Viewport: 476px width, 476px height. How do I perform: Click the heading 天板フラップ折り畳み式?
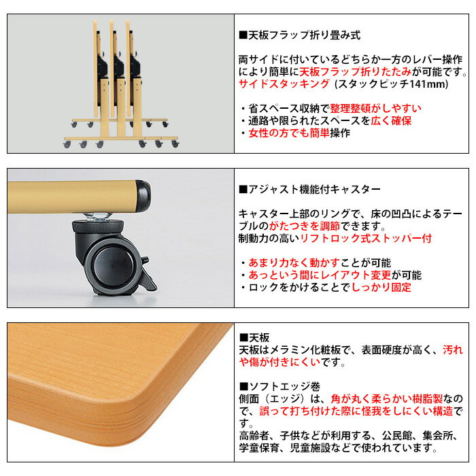click(x=305, y=35)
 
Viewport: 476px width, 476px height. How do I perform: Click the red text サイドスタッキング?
click(x=284, y=84)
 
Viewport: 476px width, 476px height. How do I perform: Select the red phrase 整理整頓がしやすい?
click(x=375, y=108)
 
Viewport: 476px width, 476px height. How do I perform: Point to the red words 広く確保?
click(x=391, y=121)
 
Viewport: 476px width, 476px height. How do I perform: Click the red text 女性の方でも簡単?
click(x=289, y=133)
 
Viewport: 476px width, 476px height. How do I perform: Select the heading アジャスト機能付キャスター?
click(x=314, y=190)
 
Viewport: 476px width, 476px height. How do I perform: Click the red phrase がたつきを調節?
click(x=305, y=226)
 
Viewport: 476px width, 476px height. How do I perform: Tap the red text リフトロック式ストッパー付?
click(x=366, y=238)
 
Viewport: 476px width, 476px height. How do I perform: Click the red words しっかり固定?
click(x=381, y=287)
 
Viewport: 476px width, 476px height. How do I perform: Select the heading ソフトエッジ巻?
click(x=284, y=386)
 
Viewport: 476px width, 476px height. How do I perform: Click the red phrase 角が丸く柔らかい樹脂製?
click(x=386, y=398)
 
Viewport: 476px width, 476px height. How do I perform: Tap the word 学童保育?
click(x=259, y=447)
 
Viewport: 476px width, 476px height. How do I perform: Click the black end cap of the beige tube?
click(x=143, y=196)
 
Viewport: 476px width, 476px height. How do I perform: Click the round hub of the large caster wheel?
click(x=113, y=265)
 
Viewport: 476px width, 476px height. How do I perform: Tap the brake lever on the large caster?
click(x=148, y=274)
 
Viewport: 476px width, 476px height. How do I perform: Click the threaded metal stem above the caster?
click(x=98, y=216)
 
